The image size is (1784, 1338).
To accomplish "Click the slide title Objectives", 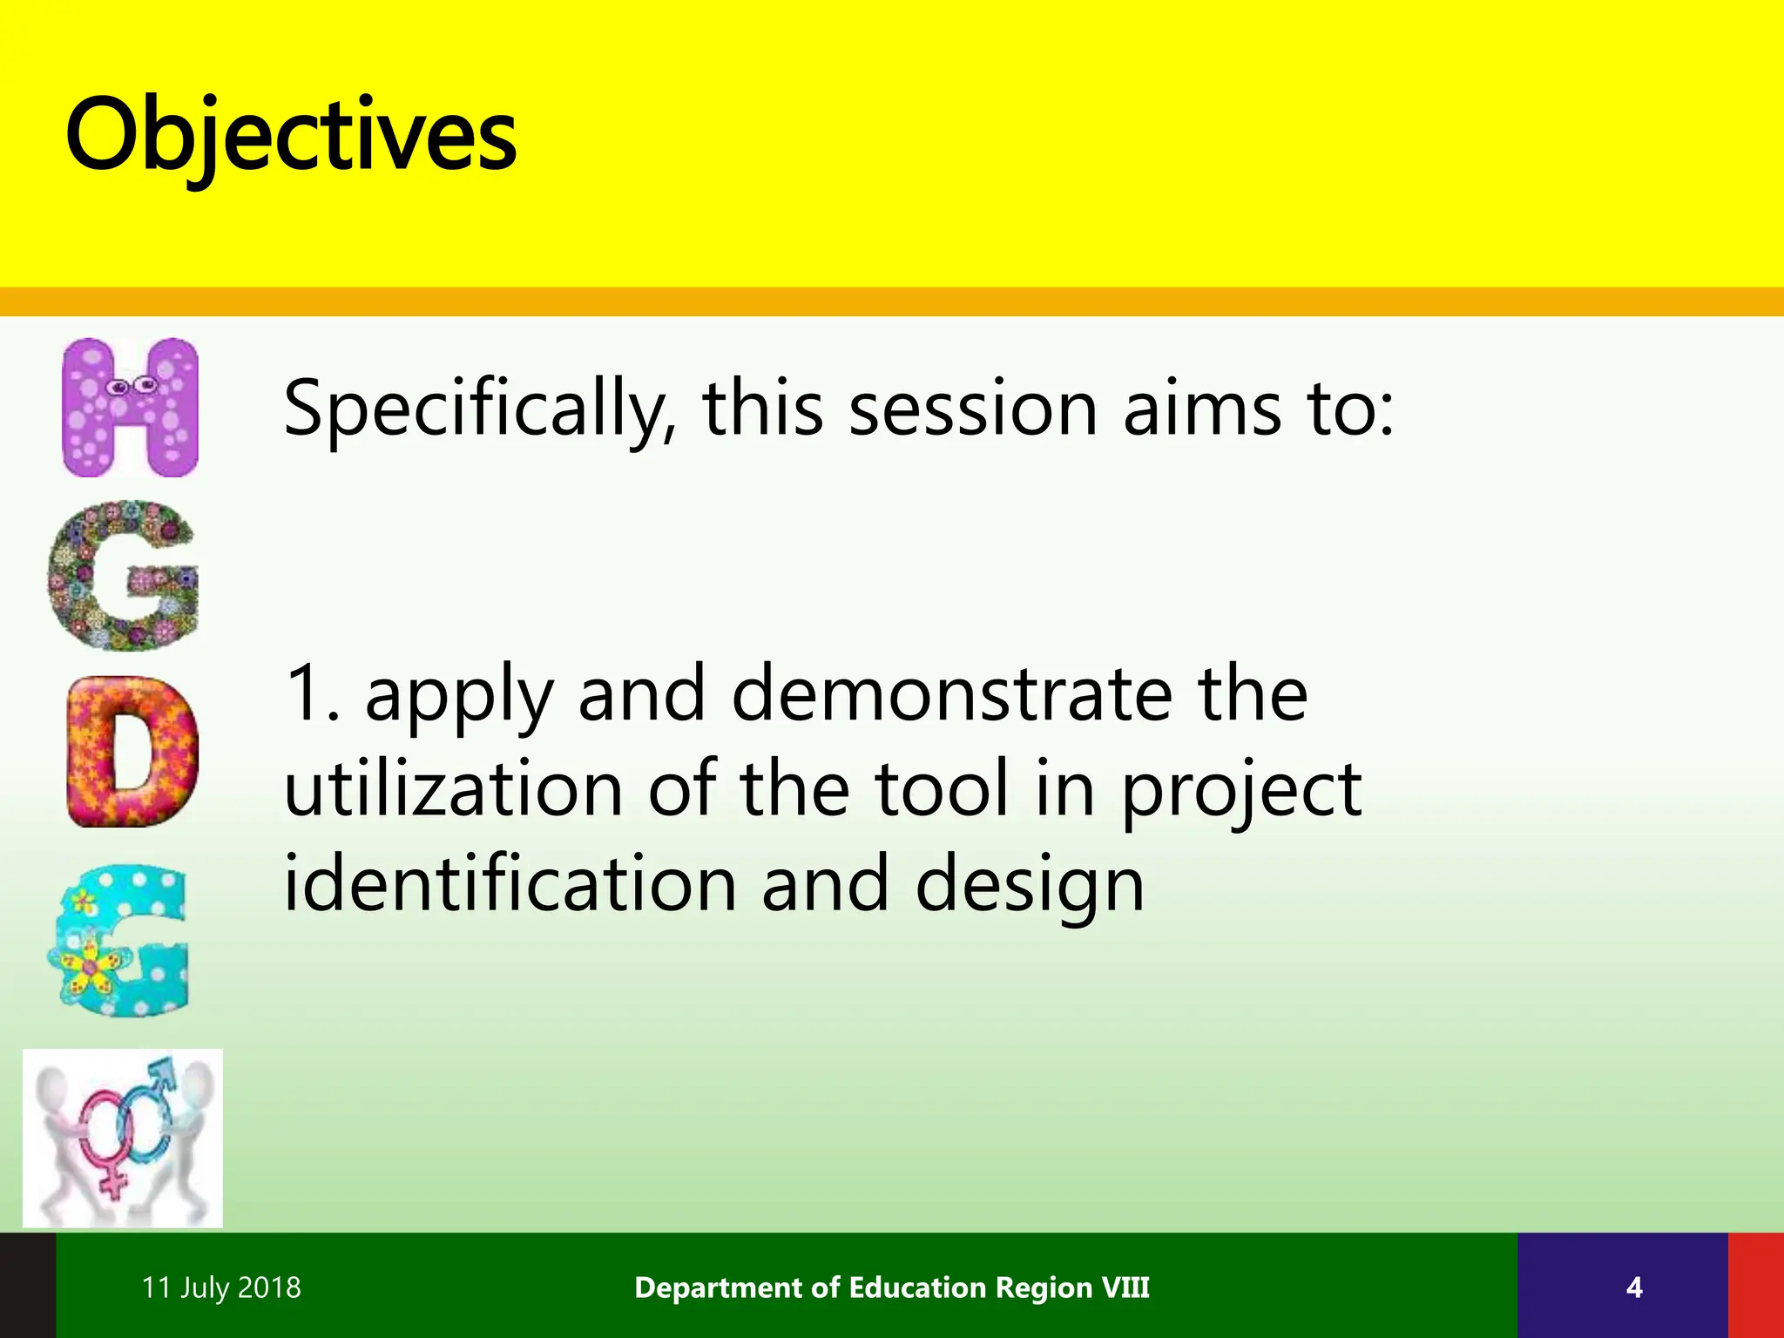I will [291, 136].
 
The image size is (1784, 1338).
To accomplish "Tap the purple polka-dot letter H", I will [131, 408].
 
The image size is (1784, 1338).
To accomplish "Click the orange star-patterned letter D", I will [131, 753].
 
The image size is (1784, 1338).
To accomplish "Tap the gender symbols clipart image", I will [123, 1138].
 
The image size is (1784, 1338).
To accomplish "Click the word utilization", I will [453, 788].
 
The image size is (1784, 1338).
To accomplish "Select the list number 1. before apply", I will [312, 693].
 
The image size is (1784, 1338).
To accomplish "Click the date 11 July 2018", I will [221, 1287].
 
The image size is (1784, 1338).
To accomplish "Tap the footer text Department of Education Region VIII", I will [892, 1287].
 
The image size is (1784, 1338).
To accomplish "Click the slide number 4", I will [1634, 1287].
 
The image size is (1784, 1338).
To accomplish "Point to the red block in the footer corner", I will [1756, 1286].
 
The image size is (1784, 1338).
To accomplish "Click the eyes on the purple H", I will [131, 385].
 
